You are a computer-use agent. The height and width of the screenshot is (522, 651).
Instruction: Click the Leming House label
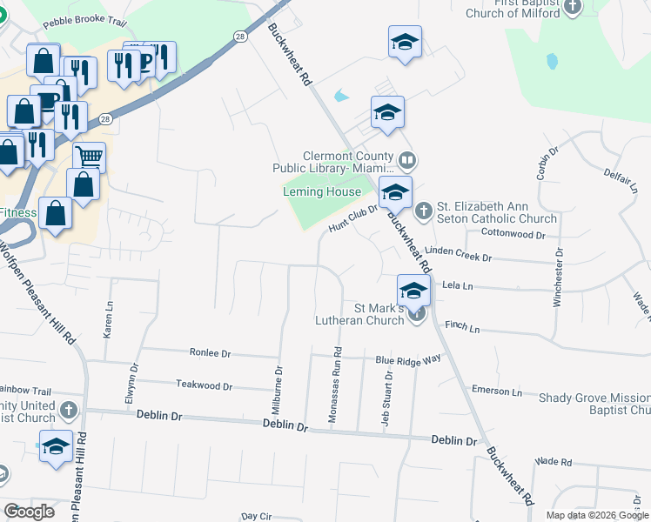tap(322, 191)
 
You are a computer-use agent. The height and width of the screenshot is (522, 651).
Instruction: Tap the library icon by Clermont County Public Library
tap(406, 160)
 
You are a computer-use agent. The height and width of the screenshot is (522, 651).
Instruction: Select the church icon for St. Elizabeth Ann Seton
tap(423, 210)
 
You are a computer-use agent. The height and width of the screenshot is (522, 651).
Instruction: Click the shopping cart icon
tap(88, 157)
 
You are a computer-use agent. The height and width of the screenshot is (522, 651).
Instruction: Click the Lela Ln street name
tap(457, 285)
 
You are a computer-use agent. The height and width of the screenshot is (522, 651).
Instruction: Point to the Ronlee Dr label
tap(210, 353)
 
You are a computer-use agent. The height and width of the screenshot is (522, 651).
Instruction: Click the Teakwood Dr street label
tap(204, 385)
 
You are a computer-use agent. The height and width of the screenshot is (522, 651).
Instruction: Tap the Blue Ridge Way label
tap(407, 359)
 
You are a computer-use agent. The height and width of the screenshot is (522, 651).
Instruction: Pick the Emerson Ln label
tap(496, 391)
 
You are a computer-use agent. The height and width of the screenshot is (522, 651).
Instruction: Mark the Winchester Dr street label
tap(558, 279)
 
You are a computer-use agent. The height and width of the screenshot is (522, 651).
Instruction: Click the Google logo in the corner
tap(30, 512)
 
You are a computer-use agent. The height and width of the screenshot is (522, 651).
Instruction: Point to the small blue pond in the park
tap(551, 62)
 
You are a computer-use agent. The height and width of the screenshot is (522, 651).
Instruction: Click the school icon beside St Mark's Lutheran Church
tap(413, 291)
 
